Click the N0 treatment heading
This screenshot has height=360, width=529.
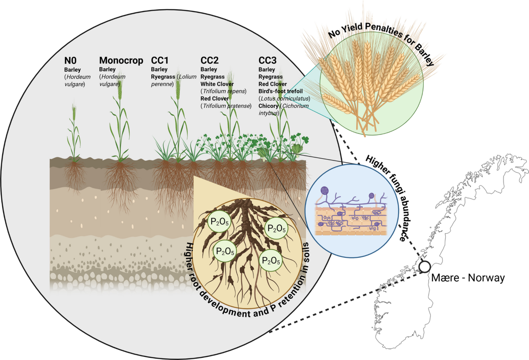point(71,61)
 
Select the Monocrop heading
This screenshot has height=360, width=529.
point(121,61)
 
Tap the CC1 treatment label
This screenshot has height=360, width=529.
point(160,60)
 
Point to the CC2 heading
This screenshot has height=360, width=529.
point(209,60)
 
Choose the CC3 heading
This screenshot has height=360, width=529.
point(267,60)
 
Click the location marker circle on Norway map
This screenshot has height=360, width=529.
point(425,267)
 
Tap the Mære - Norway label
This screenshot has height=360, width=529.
point(468,278)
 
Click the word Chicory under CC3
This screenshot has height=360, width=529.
point(268,106)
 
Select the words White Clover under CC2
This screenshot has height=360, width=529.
point(217,84)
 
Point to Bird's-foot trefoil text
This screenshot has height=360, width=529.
point(280,91)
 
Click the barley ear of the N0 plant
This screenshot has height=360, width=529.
point(74,112)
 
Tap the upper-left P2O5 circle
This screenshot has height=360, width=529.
point(219,222)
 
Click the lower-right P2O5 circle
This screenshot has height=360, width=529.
point(271,260)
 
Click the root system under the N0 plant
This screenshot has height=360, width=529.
point(75,178)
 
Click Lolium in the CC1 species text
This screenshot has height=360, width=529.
point(187,77)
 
